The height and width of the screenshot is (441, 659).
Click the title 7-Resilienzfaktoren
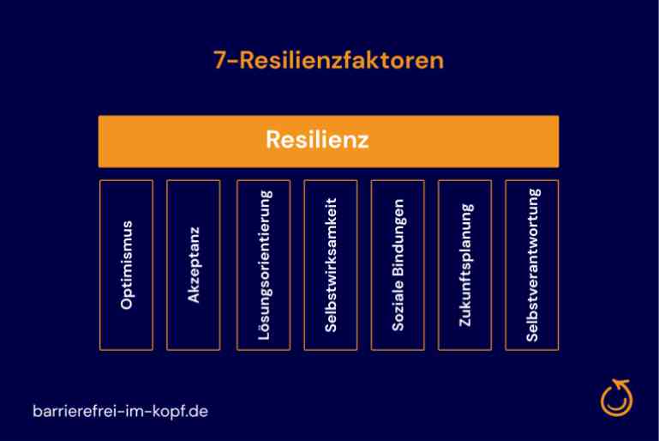(x=329, y=60)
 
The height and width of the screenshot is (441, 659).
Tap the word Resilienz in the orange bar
(x=317, y=139)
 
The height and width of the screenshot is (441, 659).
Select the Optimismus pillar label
(x=127, y=265)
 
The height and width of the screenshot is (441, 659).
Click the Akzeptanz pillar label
(x=194, y=265)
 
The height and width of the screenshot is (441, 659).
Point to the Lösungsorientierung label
(x=264, y=265)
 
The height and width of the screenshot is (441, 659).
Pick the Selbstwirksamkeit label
(x=331, y=265)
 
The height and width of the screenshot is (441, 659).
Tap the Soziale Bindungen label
(x=398, y=265)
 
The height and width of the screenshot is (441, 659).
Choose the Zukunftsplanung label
(x=465, y=265)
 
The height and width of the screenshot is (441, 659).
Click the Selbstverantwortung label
(x=532, y=265)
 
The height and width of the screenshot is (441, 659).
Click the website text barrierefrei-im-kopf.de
(x=120, y=411)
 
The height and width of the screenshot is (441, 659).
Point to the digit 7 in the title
(x=219, y=60)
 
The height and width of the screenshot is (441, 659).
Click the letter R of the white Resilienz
(x=273, y=139)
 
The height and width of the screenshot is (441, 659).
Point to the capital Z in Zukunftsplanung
(x=464, y=321)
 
